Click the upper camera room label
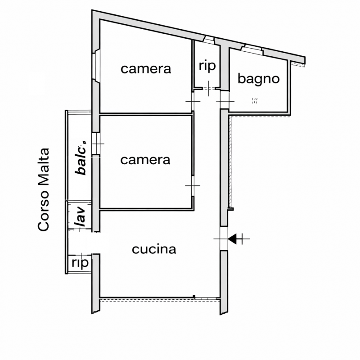click(x=146, y=69)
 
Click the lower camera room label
click(x=145, y=160)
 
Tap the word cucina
click(x=154, y=249)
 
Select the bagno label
click(x=258, y=79)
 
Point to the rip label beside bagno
click(x=207, y=66)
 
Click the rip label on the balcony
click(x=80, y=263)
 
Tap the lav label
click(x=80, y=217)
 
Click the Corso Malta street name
click(x=43, y=189)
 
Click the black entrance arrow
click(x=232, y=239)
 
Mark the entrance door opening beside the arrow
click(x=224, y=239)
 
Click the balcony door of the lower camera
click(x=96, y=144)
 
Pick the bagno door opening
click(x=225, y=100)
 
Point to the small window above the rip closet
click(x=209, y=40)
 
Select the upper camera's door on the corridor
click(x=193, y=101)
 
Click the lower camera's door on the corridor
click(x=193, y=185)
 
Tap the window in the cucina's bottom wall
click(x=207, y=298)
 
